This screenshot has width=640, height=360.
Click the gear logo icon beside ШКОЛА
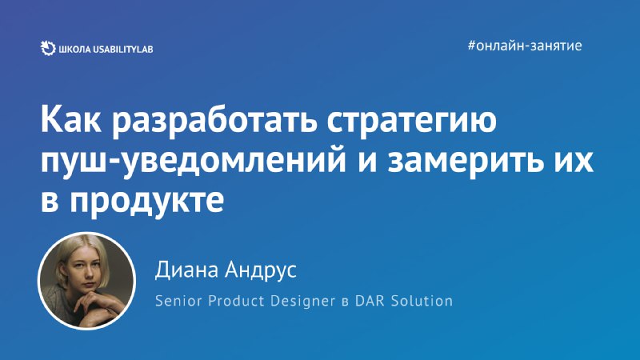click(x=48, y=49)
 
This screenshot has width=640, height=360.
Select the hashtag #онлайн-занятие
click(x=525, y=46)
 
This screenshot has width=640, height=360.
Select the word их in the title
click(x=574, y=161)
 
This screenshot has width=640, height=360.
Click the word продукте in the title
click(x=147, y=201)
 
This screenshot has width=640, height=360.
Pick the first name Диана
click(x=187, y=270)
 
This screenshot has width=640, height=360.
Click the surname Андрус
click(x=262, y=270)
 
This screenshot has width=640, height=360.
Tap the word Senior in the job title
click(x=178, y=301)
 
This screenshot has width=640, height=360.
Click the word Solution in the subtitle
click(x=422, y=301)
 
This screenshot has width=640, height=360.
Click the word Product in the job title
click(x=237, y=301)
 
